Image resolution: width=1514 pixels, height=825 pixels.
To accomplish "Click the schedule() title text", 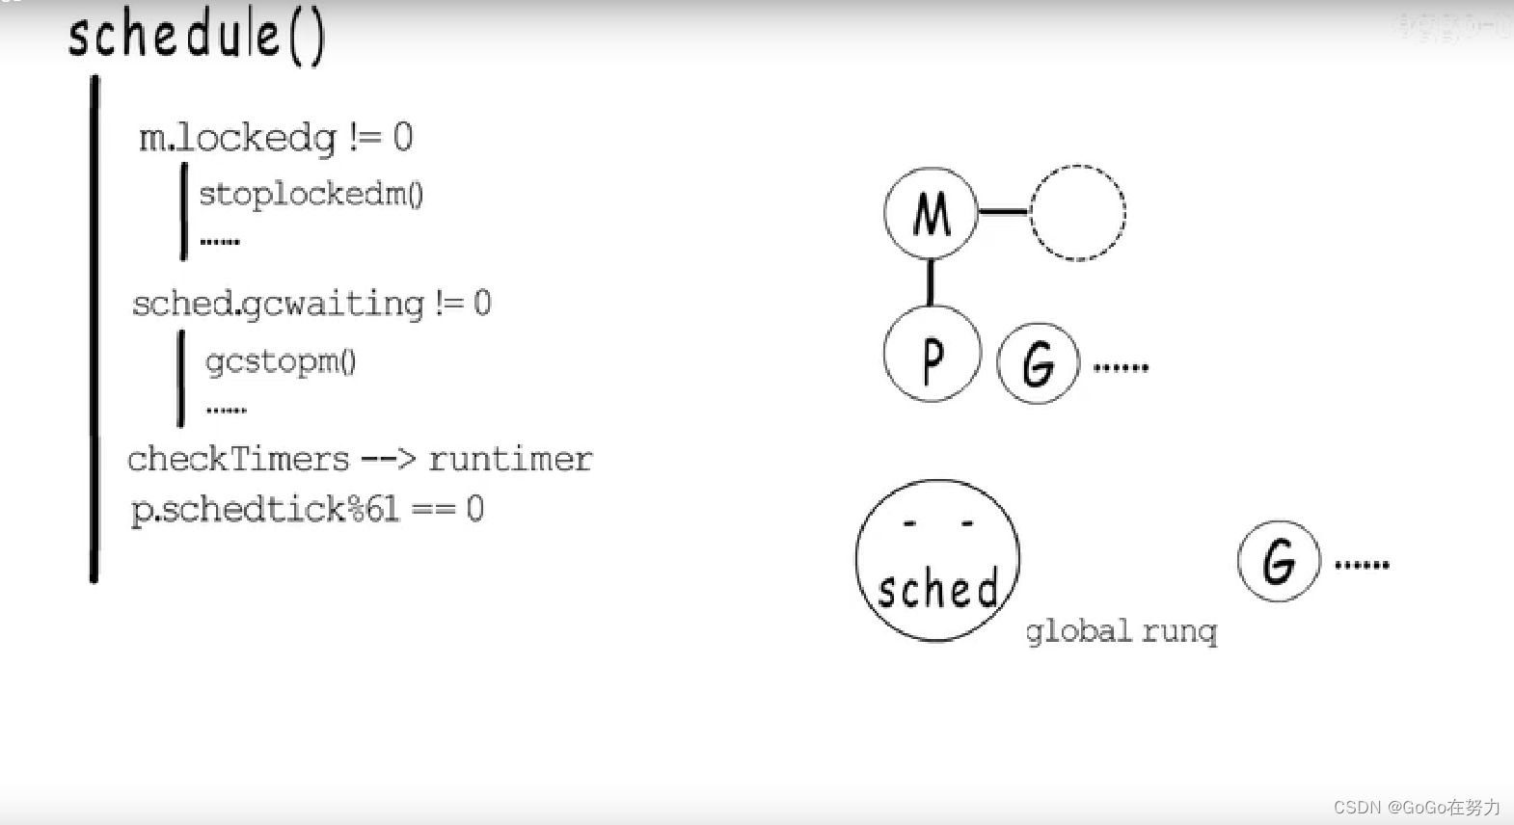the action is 197,36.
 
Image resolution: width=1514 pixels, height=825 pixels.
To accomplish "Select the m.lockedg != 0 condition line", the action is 276,138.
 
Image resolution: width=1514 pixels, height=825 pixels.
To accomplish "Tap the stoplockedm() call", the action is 311,194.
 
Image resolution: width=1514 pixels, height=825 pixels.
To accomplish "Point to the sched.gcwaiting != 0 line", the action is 311,305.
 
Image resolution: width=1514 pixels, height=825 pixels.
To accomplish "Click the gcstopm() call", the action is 281,361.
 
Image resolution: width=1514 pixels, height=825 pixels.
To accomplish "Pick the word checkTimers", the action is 238,459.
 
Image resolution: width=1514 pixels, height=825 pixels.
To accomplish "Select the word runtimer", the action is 510,459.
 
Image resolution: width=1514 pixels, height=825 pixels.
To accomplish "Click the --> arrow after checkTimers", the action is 388,459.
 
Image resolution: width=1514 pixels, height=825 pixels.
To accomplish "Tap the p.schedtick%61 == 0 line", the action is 307,509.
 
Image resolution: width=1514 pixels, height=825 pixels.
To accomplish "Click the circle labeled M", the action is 931,213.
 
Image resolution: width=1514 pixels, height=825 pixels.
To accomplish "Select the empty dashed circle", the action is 1077,213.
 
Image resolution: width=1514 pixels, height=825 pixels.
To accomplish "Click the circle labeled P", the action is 932,355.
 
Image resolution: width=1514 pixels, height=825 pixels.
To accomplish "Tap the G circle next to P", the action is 1038,363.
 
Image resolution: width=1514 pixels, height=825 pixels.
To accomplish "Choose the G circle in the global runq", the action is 1278,561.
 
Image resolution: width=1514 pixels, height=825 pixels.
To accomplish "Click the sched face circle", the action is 936,561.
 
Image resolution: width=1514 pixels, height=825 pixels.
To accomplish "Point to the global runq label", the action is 1121,631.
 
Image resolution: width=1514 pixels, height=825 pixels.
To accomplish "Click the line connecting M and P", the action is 931,281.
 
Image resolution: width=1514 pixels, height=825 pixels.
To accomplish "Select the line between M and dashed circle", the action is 1004,211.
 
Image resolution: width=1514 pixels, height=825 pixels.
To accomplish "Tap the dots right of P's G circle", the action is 1121,367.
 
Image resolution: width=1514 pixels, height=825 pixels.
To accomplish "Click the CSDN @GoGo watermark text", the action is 1416,807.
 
